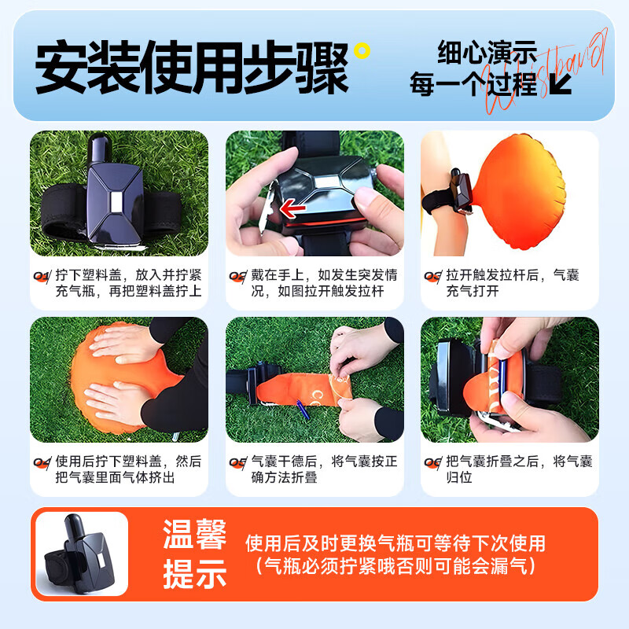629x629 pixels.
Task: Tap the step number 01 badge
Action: tap(42, 276)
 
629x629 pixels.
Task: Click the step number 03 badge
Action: tap(432, 276)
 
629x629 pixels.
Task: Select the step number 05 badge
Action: tap(237, 462)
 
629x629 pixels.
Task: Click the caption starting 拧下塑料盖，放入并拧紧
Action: tap(128, 283)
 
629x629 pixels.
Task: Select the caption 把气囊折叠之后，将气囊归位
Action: tap(519, 469)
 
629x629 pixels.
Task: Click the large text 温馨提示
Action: tap(195, 555)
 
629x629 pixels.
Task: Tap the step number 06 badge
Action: tap(432, 462)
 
